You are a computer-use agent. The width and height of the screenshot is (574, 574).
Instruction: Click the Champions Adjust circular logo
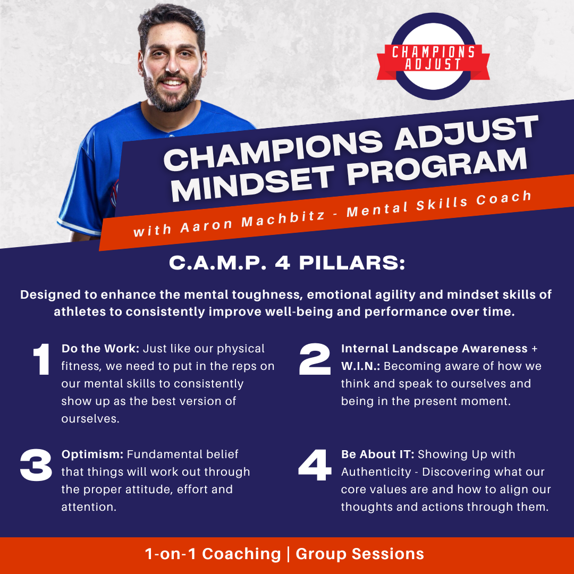tap(432, 57)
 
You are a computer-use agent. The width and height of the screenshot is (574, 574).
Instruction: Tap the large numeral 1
tap(41, 360)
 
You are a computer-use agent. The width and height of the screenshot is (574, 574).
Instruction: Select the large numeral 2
tap(315, 360)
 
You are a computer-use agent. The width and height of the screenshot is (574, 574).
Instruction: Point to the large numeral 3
tap(36, 465)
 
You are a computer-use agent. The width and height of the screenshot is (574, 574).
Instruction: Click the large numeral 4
tap(316, 465)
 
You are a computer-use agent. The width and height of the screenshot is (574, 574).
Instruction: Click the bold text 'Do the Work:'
tap(100, 349)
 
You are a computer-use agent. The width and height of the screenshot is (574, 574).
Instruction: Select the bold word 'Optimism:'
tap(92, 454)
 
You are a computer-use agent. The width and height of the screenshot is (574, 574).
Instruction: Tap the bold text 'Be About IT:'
tap(378, 454)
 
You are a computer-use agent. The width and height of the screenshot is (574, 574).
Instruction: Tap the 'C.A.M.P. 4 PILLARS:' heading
tap(287, 264)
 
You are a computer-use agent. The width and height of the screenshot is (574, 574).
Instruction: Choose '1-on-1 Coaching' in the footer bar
tap(213, 554)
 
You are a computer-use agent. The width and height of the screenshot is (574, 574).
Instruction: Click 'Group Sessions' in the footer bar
tap(360, 554)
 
